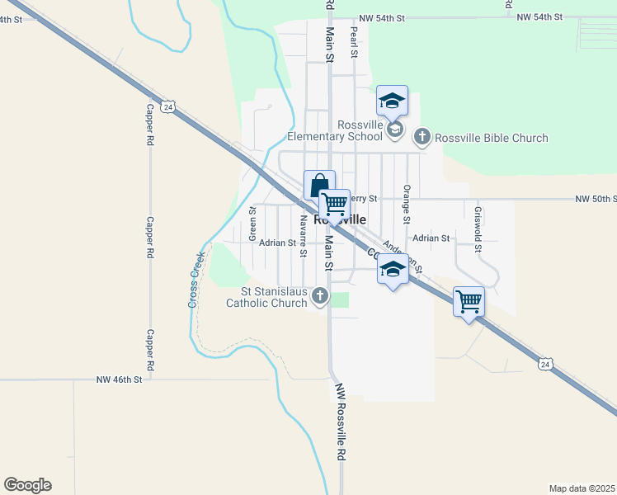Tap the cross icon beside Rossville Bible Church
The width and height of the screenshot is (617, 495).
click(x=422, y=136)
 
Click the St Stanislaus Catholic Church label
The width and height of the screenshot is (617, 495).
click(x=274, y=297)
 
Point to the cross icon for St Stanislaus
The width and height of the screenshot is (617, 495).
click(x=320, y=296)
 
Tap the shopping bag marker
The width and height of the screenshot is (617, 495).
click(x=319, y=185)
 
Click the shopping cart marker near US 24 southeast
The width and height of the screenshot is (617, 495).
click(x=469, y=302)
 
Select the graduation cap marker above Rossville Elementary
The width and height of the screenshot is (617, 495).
click(x=392, y=101)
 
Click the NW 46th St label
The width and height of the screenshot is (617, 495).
click(x=120, y=379)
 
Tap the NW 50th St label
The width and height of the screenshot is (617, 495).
click(x=596, y=200)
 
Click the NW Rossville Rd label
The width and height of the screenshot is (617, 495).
click(x=340, y=424)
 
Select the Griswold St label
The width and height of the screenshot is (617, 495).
click(x=478, y=226)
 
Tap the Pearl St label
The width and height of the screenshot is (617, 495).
click(x=354, y=42)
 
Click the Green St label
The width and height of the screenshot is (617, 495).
click(x=252, y=224)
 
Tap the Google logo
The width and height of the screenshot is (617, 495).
click(x=27, y=485)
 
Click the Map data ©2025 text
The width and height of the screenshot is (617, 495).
click(x=582, y=488)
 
